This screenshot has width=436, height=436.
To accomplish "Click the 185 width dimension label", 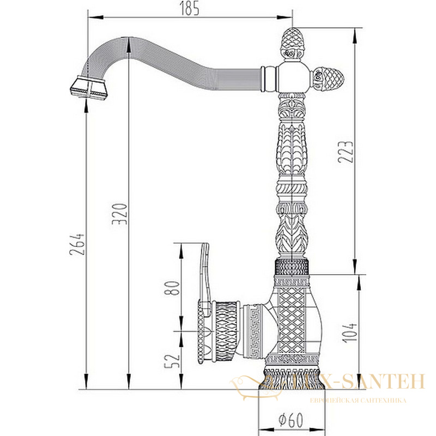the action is [189, 8].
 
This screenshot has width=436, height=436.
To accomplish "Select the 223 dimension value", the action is [346, 152].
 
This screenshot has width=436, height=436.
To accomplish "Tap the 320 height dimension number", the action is [119, 214].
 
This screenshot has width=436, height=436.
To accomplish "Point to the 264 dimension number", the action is [76, 244].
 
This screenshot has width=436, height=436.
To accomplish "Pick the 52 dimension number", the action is [172, 361].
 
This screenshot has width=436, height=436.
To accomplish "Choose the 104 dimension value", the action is [349, 332].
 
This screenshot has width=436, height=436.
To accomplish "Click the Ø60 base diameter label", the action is [290, 420].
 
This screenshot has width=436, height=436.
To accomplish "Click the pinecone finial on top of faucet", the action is [292, 44].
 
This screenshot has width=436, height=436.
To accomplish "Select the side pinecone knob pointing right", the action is [329, 78].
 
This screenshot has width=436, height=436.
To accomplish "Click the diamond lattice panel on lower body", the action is [292, 320].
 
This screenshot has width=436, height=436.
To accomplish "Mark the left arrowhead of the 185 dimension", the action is [95, 18].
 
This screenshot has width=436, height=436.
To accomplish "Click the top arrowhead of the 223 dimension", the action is [355, 35].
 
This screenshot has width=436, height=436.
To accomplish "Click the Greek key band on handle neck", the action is [255, 331].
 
